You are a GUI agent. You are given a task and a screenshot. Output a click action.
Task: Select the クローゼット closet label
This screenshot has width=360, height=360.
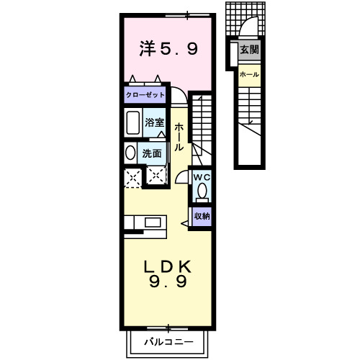(145, 94)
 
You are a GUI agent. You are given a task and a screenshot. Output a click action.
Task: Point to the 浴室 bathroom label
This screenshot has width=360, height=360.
(155, 122)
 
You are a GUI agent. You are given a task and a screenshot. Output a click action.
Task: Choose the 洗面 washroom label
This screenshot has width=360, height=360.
(151, 153)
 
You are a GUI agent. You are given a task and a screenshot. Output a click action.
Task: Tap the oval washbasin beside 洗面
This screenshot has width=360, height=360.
(130, 153)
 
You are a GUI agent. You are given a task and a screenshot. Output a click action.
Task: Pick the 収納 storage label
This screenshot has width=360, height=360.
(202, 215)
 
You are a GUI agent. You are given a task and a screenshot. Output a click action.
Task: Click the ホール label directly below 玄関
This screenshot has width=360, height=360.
(249, 74)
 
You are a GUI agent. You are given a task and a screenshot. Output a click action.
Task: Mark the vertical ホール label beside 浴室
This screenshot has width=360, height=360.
(179, 136)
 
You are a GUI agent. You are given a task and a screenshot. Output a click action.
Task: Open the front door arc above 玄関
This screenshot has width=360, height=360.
(248, 29)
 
